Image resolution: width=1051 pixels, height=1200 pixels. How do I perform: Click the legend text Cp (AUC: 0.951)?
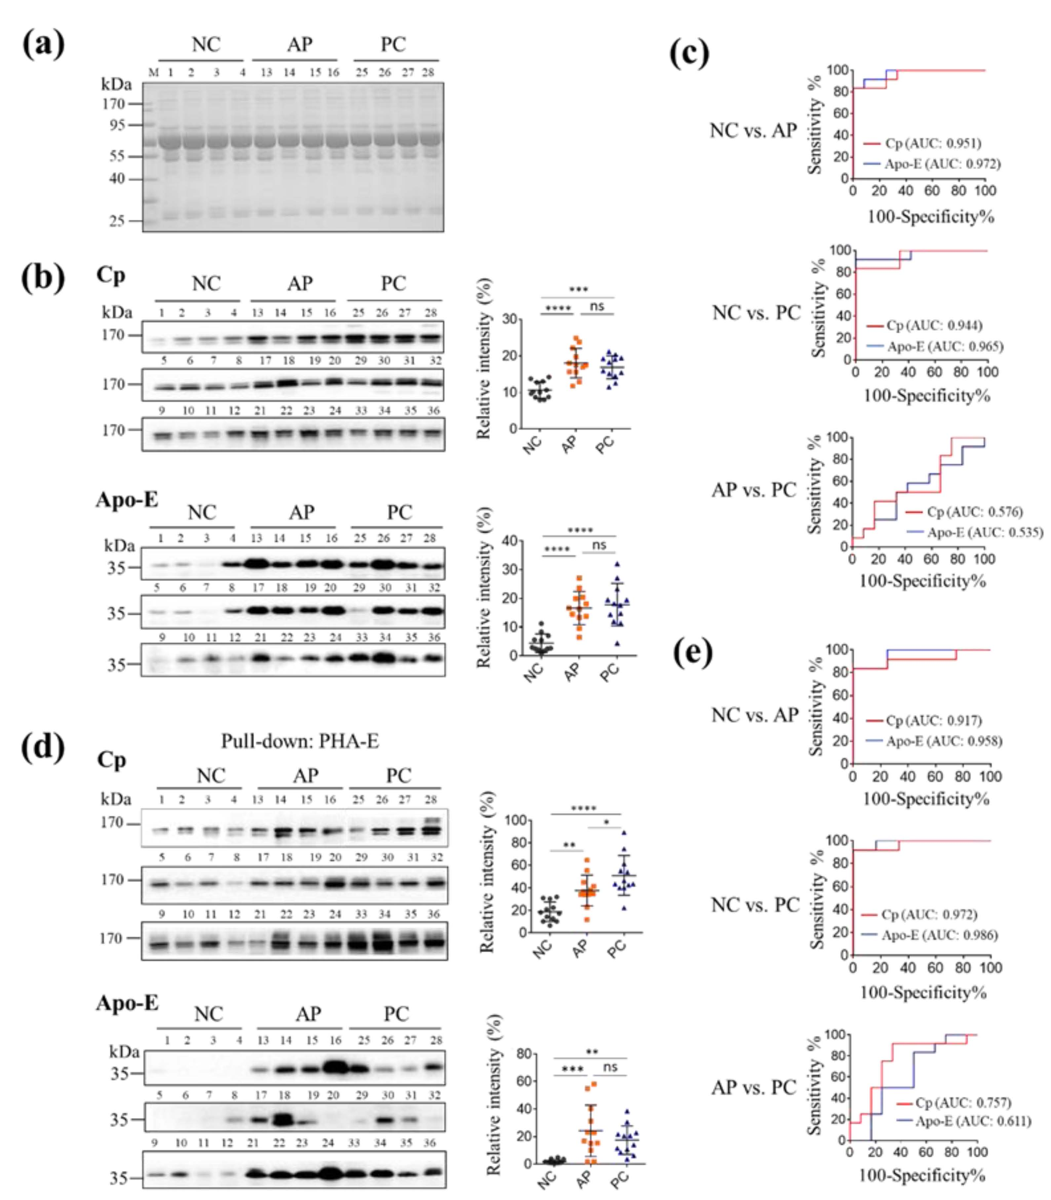point(933,143)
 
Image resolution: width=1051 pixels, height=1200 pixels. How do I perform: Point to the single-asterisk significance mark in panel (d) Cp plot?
point(606,822)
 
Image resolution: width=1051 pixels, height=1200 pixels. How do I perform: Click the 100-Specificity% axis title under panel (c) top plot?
point(931,217)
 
